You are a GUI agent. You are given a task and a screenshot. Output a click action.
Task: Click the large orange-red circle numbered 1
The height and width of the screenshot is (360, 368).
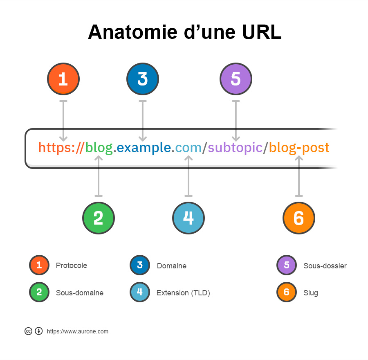click(x=63, y=79)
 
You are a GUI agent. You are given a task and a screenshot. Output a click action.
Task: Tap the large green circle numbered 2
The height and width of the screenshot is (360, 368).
click(x=99, y=218)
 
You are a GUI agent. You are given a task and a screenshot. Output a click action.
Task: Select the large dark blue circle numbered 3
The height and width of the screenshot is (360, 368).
click(x=143, y=79)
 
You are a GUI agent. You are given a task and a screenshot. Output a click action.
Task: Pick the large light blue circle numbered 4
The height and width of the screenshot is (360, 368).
click(x=188, y=218)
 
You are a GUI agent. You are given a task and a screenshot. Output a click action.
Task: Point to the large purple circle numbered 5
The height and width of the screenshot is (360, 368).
click(x=236, y=79)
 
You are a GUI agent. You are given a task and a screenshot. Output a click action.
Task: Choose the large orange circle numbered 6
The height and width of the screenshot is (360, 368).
click(x=299, y=218)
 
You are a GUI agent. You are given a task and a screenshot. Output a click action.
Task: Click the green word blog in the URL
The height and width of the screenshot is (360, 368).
click(x=99, y=148)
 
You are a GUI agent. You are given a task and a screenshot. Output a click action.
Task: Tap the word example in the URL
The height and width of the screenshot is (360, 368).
click(x=144, y=148)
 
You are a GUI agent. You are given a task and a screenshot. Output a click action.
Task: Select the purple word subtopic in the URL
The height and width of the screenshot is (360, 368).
click(x=235, y=148)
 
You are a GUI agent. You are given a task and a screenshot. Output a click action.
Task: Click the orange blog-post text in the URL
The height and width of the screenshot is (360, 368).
click(x=299, y=148)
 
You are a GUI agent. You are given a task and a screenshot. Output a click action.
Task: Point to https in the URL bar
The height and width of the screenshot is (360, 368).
click(x=54, y=147)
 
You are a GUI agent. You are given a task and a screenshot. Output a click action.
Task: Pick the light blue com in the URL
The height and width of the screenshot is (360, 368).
click(x=188, y=148)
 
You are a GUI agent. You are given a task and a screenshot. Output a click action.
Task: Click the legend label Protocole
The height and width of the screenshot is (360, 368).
click(x=71, y=265)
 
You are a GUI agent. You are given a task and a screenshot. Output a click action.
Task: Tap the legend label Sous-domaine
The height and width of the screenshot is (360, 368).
click(x=80, y=292)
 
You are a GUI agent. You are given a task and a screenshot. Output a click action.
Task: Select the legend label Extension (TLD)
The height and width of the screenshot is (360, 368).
click(x=183, y=293)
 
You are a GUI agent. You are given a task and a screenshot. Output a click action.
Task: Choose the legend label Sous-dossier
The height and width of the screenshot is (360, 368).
click(x=325, y=265)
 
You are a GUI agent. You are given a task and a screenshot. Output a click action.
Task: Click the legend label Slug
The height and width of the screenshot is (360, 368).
click(x=310, y=293)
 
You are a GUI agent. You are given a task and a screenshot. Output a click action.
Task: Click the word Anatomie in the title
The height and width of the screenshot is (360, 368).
click(x=133, y=32)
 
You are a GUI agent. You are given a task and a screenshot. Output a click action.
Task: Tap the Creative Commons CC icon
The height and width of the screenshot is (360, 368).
click(x=28, y=331)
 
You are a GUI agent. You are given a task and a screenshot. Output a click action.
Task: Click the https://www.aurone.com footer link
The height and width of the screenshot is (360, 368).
click(x=77, y=331)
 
